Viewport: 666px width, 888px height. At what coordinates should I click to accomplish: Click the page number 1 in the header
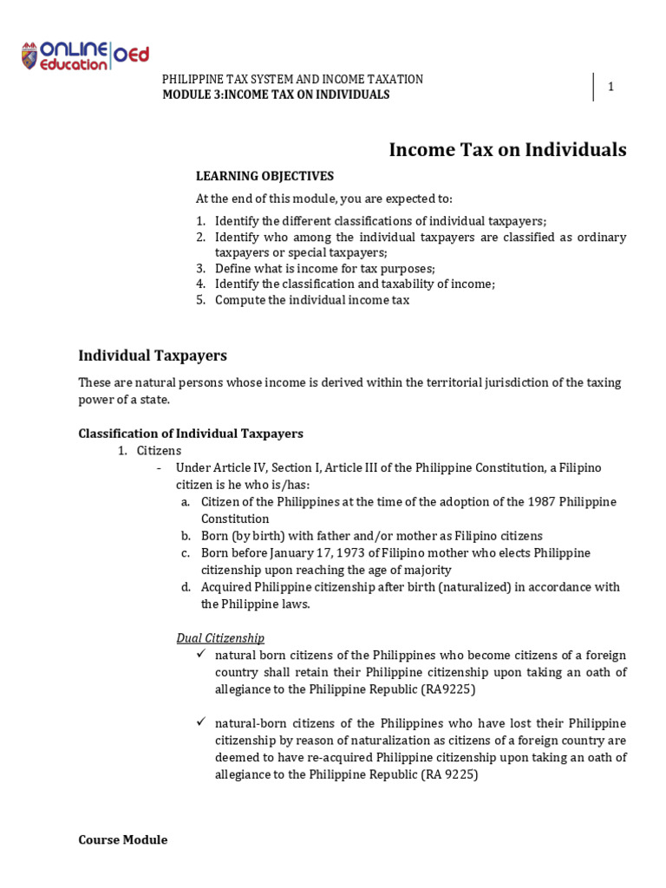coord(610,87)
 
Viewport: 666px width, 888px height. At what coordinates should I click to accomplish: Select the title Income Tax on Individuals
coord(507,150)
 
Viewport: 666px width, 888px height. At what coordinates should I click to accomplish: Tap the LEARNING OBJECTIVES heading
coord(264,176)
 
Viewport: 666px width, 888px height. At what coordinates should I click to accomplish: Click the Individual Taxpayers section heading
coord(153,356)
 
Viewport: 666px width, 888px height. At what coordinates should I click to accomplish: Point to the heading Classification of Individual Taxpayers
coord(191,434)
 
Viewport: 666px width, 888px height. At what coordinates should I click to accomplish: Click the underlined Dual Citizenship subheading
coord(220,638)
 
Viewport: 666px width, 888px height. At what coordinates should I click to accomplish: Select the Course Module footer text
coord(122,839)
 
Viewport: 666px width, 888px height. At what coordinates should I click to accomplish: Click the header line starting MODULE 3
coord(276,95)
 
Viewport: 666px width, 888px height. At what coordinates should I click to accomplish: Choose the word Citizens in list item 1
coord(160,451)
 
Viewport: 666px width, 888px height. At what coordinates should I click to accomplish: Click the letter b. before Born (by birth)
coord(186,536)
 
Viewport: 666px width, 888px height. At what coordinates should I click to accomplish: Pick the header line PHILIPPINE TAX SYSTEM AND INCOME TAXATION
coord(293,79)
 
